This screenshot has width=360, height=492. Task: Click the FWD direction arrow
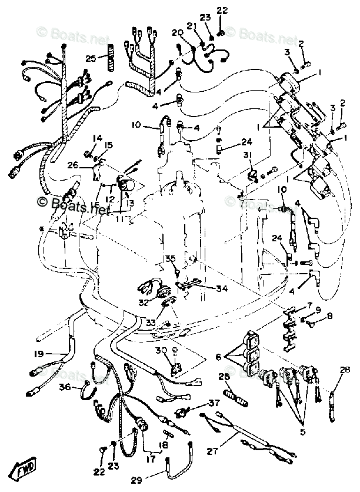24,471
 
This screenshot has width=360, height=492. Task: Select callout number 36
64,387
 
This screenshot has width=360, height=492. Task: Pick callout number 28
344,370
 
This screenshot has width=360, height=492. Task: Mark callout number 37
212,403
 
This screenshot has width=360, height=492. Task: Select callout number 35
169,258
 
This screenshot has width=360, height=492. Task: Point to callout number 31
248,154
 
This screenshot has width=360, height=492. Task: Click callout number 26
89,165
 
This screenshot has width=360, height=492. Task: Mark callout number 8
329,316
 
